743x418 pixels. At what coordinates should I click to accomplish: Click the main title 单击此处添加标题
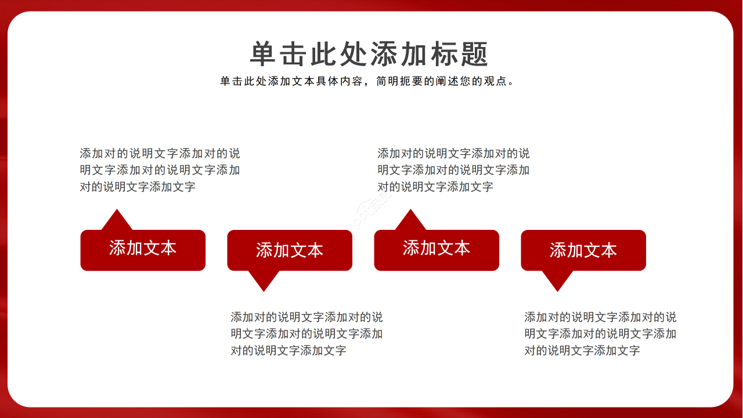click(370, 55)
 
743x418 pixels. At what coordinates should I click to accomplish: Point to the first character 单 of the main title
click(264, 55)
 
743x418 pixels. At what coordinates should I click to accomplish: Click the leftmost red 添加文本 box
click(143, 250)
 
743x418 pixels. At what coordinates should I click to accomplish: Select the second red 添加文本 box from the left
click(290, 250)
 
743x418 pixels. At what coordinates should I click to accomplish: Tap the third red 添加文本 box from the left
click(437, 250)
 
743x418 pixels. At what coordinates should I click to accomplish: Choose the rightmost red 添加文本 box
click(583, 250)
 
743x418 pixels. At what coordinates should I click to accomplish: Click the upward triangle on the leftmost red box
click(117, 221)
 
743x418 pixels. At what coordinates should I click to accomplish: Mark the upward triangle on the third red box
click(411, 221)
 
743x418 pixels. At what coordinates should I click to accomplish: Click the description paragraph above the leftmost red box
click(160, 170)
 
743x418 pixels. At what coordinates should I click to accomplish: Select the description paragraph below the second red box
click(306, 334)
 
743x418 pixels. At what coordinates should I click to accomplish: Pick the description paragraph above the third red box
click(453, 170)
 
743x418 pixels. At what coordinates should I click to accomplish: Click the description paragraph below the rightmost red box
click(600, 334)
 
